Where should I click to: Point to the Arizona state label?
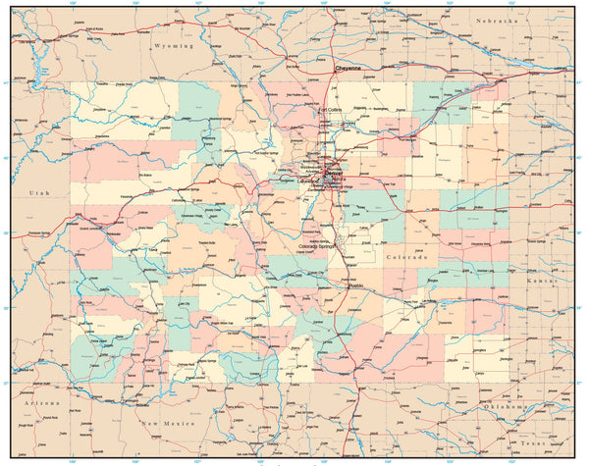click(41, 402)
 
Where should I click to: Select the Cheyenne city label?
click(349, 68)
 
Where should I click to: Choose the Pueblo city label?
click(354, 285)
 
